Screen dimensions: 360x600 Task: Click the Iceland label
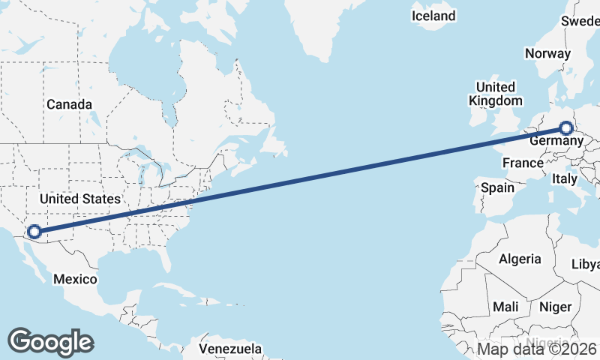(x=433, y=16)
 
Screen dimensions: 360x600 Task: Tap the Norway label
(x=547, y=53)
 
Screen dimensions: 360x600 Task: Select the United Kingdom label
(x=496, y=94)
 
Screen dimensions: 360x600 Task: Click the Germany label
(x=556, y=141)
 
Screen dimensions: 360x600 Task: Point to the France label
(x=523, y=163)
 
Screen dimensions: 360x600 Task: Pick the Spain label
(x=497, y=187)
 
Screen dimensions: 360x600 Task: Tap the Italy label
(x=564, y=179)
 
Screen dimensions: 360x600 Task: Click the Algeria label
(x=520, y=259)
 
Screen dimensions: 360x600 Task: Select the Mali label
(x=505, y=307)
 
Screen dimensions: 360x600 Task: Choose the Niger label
(x=555, y=307)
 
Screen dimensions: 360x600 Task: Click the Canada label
(x=69, y=104)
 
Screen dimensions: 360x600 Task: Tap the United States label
(x=80, y=199)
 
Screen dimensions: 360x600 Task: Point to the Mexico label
(x=75, y=279)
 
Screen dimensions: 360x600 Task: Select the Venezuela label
(x=230, y=349)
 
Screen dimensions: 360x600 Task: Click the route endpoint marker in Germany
(x=566, y=128)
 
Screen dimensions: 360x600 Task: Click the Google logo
(x=50, y=341)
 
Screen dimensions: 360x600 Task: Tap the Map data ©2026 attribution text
(x=537, y=349)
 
